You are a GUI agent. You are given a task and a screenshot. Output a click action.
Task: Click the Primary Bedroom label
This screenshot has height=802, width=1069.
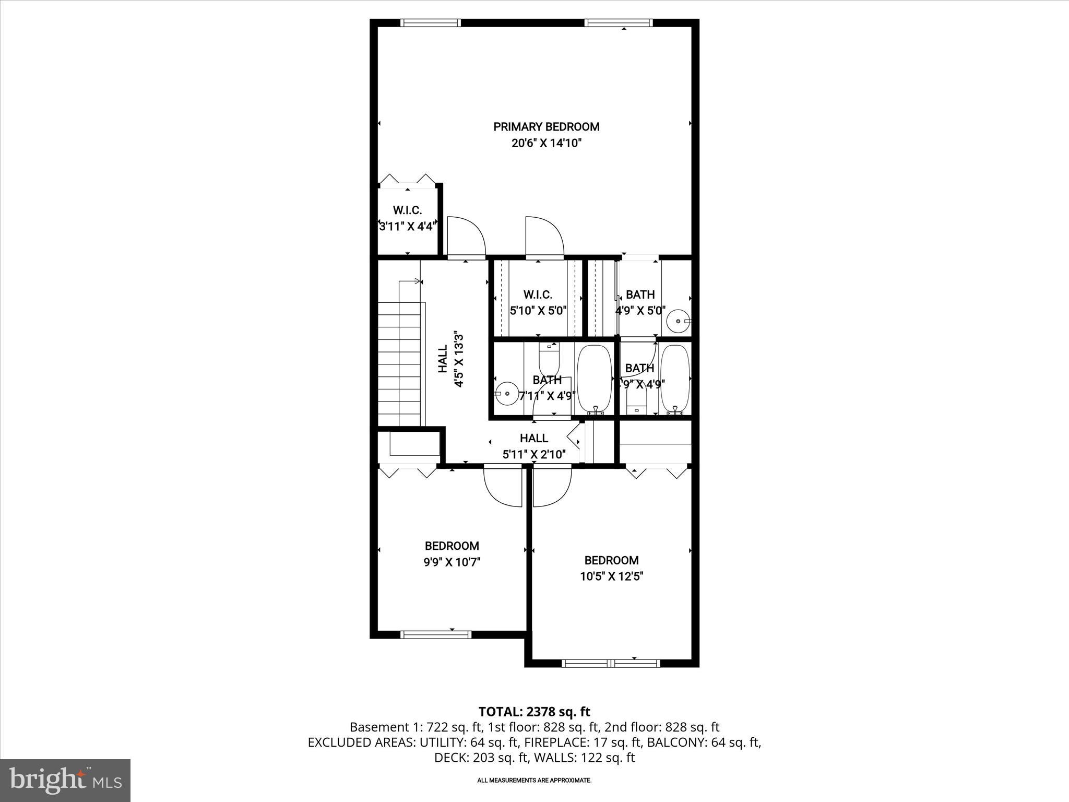coord(546,126)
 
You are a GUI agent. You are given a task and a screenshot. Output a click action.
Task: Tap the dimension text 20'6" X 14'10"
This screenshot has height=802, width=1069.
coord(546,143)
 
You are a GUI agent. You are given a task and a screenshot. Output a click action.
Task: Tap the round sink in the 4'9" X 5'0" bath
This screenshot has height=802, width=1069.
coord(679,321)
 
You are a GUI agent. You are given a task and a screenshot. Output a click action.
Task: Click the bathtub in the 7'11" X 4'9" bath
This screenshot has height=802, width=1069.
coord(594,380)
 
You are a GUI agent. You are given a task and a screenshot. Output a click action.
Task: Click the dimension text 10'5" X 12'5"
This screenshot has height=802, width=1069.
coord(611,576)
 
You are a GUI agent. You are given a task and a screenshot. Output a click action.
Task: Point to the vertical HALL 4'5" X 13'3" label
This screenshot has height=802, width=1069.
coord(450,359)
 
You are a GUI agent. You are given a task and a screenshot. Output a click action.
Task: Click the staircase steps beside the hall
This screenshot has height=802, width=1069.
coord(399,365)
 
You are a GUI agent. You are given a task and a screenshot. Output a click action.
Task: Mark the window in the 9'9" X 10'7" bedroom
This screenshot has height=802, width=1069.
coord(435,634)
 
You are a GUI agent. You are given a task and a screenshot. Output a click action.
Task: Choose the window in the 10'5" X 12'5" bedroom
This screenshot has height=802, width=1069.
coord(611,664)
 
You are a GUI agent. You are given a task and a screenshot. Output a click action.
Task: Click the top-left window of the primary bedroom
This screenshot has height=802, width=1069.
coord(430,22)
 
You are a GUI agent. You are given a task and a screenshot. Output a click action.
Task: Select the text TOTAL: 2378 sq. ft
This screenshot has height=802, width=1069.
coord(534,711)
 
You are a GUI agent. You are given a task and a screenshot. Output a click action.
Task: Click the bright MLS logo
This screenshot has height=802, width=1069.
coord(65,780)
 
